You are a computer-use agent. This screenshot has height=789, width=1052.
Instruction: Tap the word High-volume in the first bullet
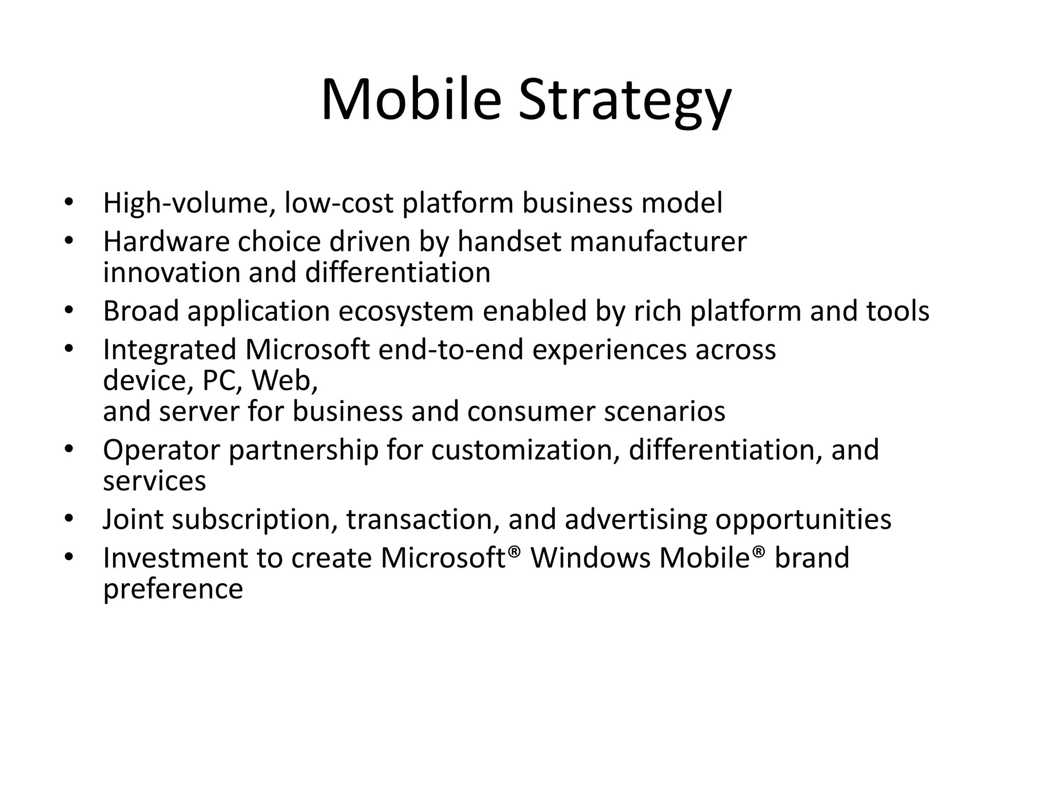pyautogui.click(x=188, y=203)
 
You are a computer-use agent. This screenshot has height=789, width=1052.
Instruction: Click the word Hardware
pyautogui.click(x=165, y=241)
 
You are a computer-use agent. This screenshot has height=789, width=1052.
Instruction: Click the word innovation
pyautogui.click(x=172, y=272)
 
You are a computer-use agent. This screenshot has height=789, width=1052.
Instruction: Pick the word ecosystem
pyautogui.click(x=405, y=312)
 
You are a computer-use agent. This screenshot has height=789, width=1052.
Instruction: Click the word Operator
pyautogui.click(x=161, y=450)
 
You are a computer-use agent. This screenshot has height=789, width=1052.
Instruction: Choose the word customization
pyautogui.click(x=525, y=450)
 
